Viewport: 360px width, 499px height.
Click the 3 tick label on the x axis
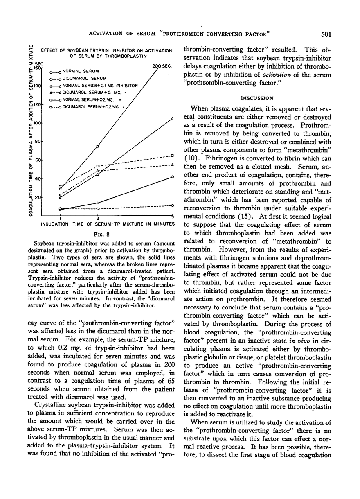point(97,217)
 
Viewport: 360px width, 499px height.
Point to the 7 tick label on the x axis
point(173,217)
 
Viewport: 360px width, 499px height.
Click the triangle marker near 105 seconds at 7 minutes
point(172,119)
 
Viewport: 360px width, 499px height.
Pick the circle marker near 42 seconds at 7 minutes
point(173,177)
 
